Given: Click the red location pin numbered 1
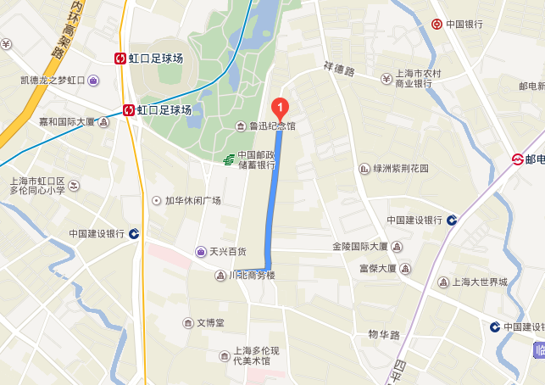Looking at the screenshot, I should pos(280,109).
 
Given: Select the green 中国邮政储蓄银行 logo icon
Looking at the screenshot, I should pos(228,159).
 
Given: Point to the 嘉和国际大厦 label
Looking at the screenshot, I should pos(67,122).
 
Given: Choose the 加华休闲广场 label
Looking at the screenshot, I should pos(192,201).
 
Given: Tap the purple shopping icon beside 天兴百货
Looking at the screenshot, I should pos(200,251).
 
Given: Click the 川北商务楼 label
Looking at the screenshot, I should pos(252,276).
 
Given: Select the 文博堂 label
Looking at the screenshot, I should pos(210,323).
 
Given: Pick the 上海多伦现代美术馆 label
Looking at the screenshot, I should pos(253,355).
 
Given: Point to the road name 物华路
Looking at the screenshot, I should pos(384,335).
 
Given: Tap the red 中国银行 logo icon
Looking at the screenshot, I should pos(437,24).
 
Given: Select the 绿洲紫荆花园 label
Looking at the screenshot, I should pos(401,169).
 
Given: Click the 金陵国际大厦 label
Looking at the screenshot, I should pos(360,247).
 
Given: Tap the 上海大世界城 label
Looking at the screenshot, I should pos(478,282).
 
